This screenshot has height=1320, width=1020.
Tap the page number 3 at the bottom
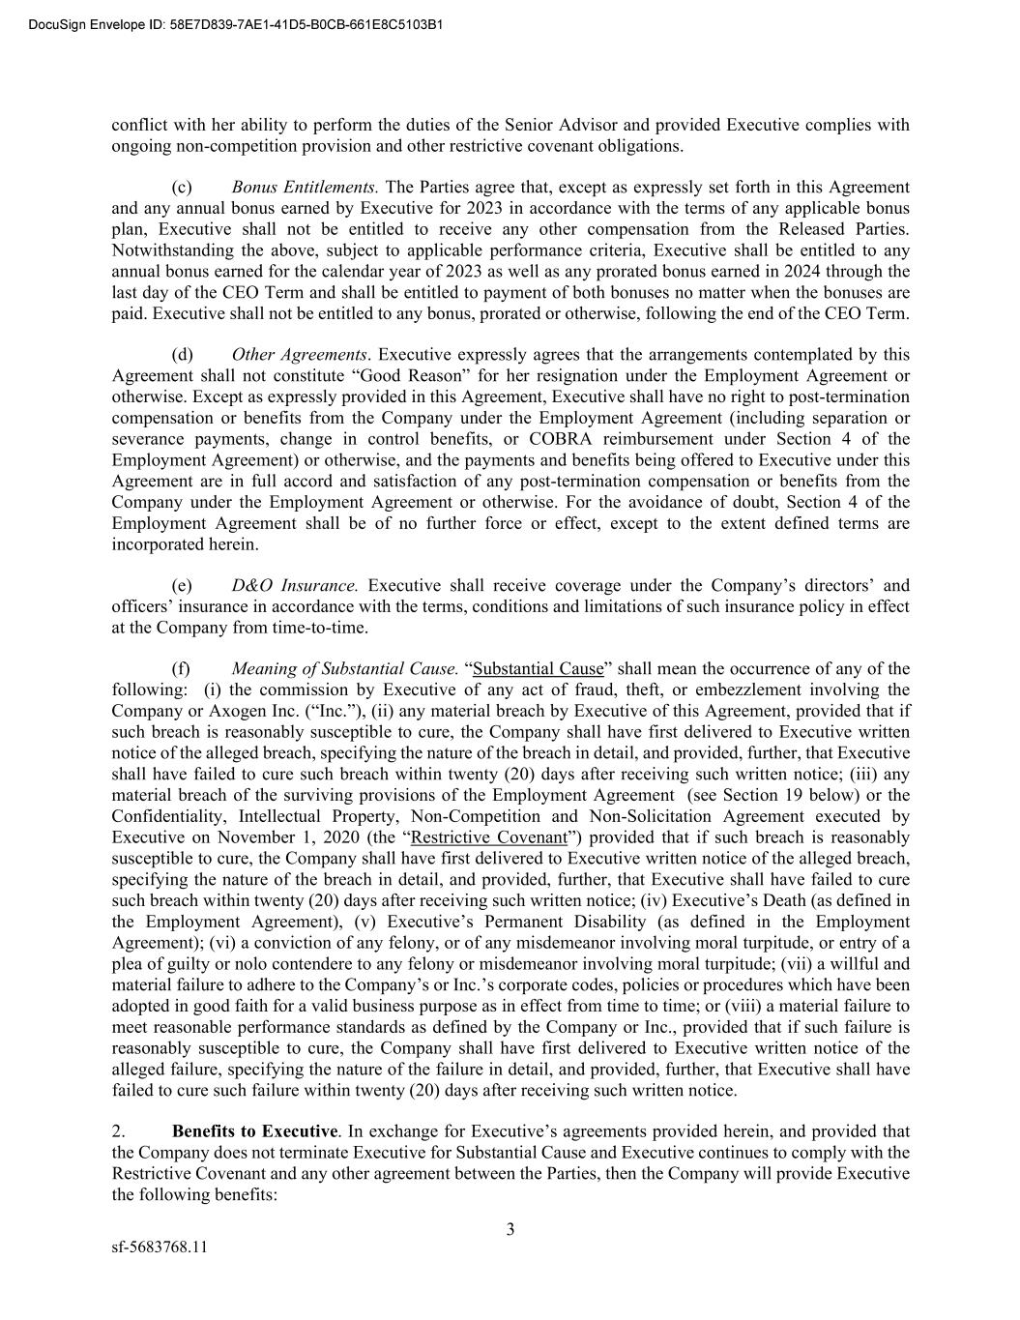tap(510, 1230)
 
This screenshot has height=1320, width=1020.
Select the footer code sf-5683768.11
tap(159, 1247)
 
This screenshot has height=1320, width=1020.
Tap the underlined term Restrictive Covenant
tap(488, 837)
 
